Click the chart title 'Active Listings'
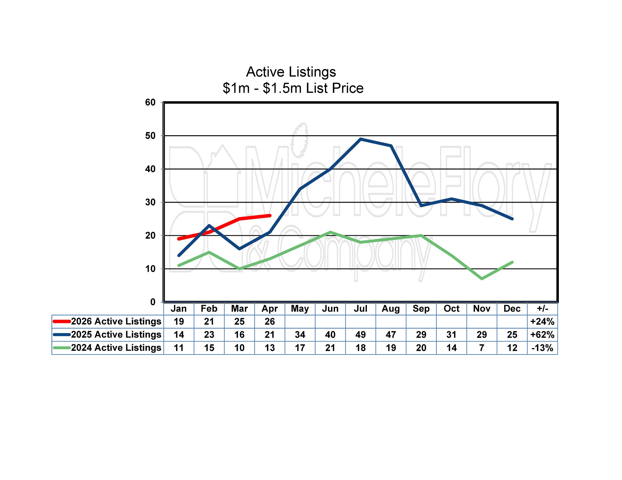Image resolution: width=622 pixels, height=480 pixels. click(x=291, y=72)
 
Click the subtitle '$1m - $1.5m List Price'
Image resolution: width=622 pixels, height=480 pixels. click(x=293, y=88)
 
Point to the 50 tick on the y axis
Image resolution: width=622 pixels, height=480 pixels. click(x=150, y=136)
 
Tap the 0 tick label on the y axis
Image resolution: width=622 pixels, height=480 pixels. click(x=153, y=302)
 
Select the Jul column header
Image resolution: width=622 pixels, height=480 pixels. click(x=361, y=309)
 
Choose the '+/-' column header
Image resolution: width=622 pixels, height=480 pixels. click(x=542, y=309)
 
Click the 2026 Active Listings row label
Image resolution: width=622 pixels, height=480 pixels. click(x=116, y=321)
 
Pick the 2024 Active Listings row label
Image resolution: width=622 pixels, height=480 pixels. click(x=116, y=348)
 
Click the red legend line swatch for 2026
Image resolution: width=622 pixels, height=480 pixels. click(x=62, y=321)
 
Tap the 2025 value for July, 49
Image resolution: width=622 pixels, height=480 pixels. click(x=361, y=335)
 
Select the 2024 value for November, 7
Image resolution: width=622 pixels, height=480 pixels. click(x=482, y=348)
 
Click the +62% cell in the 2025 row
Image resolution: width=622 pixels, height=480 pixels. click(x=542, y=335)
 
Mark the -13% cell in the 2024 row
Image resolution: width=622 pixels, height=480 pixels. click(x=542, y=348)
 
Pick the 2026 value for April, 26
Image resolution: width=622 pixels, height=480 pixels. click(x=270, y=321)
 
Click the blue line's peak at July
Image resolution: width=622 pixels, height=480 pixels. click(x=361, y=139)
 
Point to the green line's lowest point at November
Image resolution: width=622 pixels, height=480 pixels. click(x=482, y=279)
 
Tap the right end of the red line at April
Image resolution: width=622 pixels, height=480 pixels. click(x=270, y=216)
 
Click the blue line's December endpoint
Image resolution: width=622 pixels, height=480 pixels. click(x=512, y=219)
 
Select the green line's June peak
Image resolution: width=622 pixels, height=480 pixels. click(x=330, y=232)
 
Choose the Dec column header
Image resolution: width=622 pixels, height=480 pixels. click(x=512, y=309)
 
